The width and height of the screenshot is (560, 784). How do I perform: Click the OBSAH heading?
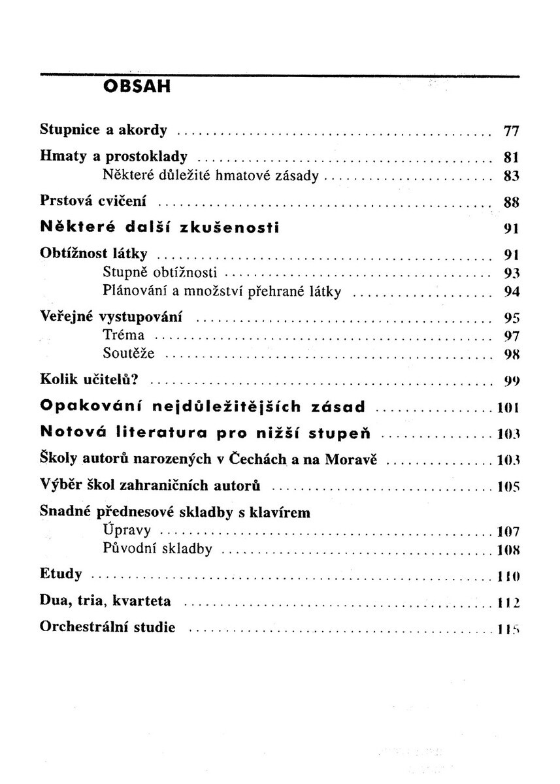point(137,87)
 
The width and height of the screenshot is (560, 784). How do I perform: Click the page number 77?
point(510,131)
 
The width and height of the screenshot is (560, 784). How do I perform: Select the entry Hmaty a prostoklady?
point(114,157)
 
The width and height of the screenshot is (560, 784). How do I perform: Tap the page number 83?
point(510,176)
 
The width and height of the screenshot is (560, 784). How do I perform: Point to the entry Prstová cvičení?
point(93,201)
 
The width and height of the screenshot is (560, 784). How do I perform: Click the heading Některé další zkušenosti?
point(159,227)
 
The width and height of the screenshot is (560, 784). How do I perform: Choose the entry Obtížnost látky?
point(93,253)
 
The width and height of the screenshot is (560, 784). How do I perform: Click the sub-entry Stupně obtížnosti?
point(160,272)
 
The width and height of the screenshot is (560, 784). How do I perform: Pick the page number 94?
point(510,291)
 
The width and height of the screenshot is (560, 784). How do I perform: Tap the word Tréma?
point(124,336)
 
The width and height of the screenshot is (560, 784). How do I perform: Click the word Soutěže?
point(129,355)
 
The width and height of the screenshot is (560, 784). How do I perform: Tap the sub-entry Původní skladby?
point(157,549)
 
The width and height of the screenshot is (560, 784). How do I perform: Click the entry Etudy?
point(61,574)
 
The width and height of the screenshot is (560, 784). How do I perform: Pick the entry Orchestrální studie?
point(108,628)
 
